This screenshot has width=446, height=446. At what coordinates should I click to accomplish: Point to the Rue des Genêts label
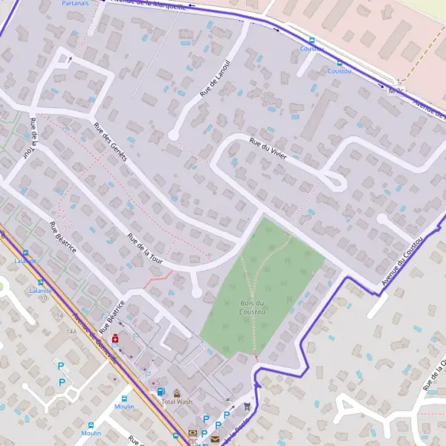click(110, 141)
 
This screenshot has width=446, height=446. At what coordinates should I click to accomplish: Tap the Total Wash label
click(177, 401)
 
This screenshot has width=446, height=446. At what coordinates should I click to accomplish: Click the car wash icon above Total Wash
click(177, 392)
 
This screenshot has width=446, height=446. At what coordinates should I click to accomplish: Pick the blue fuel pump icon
click(161, 391)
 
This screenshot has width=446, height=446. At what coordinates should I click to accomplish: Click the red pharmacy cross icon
click(115, 338)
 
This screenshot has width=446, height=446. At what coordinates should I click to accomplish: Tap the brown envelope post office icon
click(215, 439)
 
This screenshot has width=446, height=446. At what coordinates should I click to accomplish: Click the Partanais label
click(76, 3)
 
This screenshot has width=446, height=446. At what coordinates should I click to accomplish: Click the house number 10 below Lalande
click(44, 297)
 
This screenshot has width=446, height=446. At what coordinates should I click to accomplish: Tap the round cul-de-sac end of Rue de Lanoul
click(173, 135)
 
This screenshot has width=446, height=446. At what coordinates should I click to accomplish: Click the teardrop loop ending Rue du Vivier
click(336, 181)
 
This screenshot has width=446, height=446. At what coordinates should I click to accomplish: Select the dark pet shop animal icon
click(247, 406)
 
